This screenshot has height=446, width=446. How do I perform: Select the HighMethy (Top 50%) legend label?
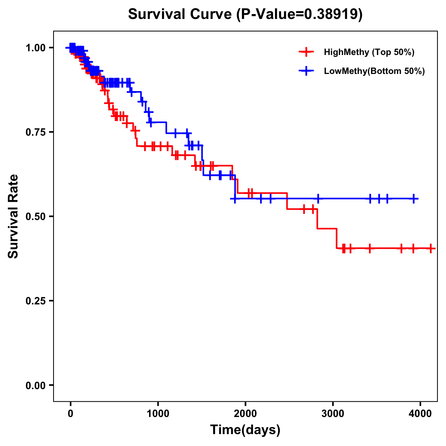[369, 52]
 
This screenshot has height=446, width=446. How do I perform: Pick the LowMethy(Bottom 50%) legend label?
[374, 71]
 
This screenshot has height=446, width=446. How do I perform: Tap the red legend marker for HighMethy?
[306, 52]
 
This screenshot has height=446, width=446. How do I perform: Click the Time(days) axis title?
[245, 430]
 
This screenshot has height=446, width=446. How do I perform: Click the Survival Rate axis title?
[13, 216]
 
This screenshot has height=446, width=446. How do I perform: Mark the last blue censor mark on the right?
[414, 199]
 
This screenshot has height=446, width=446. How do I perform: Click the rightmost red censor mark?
[430, 248]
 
